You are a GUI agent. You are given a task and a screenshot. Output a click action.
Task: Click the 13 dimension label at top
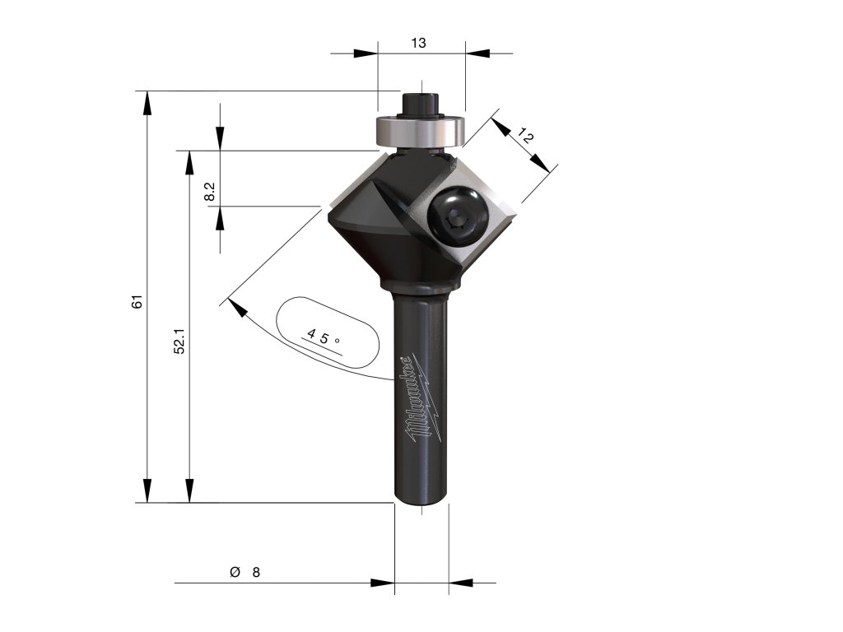point(418,43)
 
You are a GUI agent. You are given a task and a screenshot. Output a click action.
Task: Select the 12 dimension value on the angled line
point(525,137)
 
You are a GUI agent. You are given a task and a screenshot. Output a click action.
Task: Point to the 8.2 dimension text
point(210,192)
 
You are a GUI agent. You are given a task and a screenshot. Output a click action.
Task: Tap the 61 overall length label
point(137,301)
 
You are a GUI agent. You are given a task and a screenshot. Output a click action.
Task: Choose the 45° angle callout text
point(323,338)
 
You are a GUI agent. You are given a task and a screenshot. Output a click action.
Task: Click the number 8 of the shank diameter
point(256,573)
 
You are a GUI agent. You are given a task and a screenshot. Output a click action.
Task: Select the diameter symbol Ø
point(235,572)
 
